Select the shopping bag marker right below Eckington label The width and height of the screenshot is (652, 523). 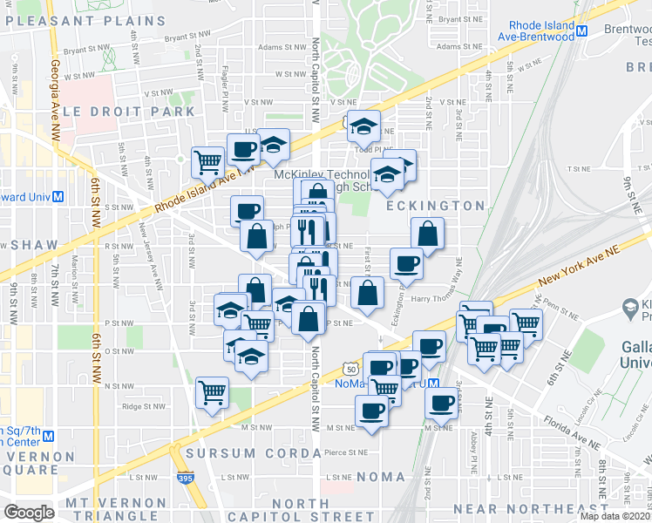click(427, 234)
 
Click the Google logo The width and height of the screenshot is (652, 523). click(29, 513)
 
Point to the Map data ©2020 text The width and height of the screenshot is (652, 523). click(614, 516)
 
